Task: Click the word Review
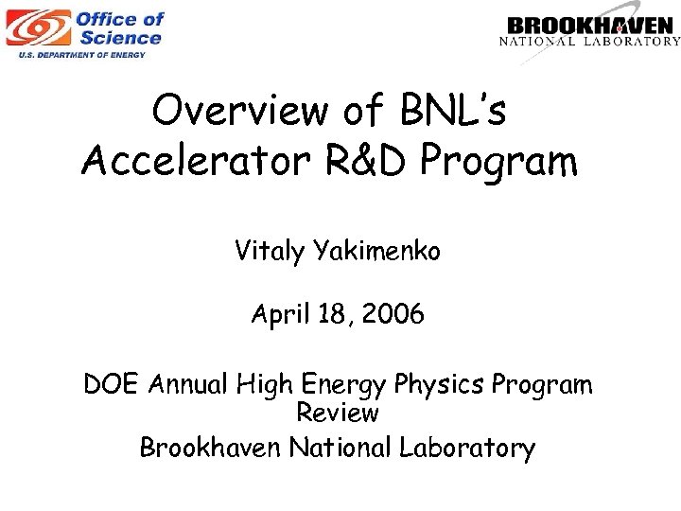click(x=338, y=414)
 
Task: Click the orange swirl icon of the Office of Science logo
click(x=36, y=28)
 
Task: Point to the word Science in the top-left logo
click(x=120, y=38)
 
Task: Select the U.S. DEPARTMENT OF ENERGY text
click(x=82, y=55)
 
